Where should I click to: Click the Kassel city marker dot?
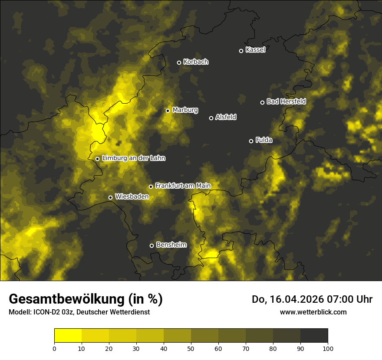(x=241, y=51)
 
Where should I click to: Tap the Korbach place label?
(x=196, y=62)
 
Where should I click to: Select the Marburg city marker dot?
(x=168, y=111)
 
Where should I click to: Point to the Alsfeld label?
(x=226, y=117)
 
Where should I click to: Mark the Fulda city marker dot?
(x=251, y=141)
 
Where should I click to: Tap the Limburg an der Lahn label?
(x=133, y=158)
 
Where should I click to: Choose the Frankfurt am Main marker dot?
(x=151, y=187)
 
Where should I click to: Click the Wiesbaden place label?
(x=132, y=196)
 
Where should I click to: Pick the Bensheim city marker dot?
(x=151, y=245)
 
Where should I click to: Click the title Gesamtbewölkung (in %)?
(x=86, y=299)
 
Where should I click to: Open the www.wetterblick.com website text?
(x=313, y=312)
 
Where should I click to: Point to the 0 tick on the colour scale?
(x=54, y=348)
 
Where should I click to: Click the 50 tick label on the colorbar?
(x=191, y=348)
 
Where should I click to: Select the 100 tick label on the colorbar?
(x=328, y=348)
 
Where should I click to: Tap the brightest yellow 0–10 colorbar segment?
(x=68, y=336)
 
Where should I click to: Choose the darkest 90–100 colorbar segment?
(x=314, y=336)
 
